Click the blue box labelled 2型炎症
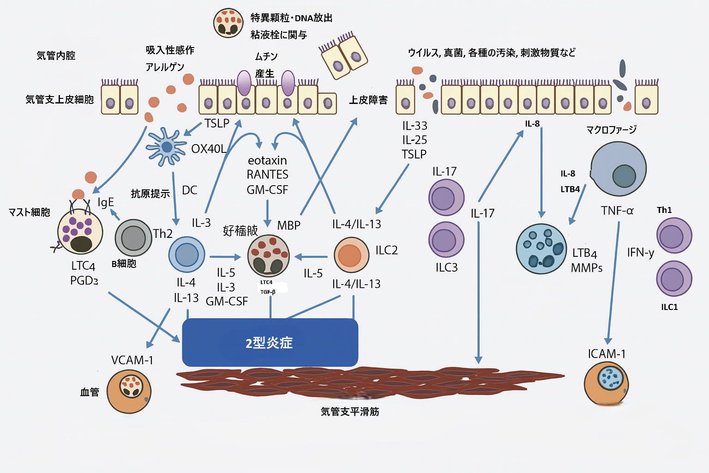(x=270, y=342)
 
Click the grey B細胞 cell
(x=133, y=238)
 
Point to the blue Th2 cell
(x=186, y=255)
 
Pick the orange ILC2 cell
(x=351, y=255)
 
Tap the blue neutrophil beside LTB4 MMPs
(x=541, y=249)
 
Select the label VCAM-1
(x=132, y=360)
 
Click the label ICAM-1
(x=607, y=354)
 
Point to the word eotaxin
(x=267, y=161)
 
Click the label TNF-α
(x=617, y=211)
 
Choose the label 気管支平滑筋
(x=350, y=412)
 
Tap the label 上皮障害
(x=368, y=100)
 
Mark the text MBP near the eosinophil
(x=289, y=225)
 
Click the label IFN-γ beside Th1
(x=640, y=253)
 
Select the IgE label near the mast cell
(x=106, y=202)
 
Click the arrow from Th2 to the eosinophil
(x=225, y=257)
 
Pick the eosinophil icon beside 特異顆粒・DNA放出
(x=228, y=23)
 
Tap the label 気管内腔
(x=56, y=56)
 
